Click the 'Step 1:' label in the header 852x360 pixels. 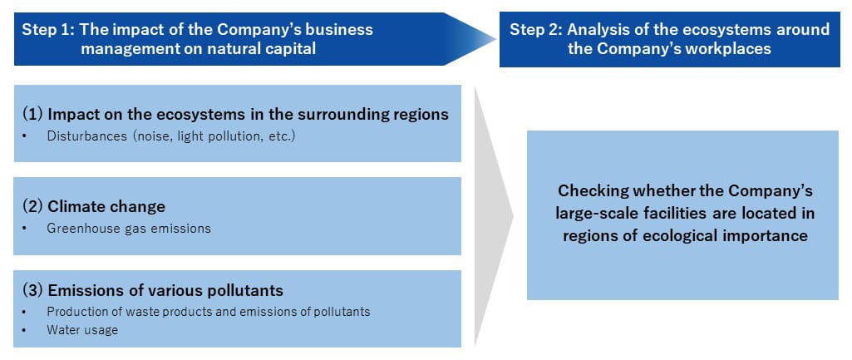pyautogui.click(x=47, y=30)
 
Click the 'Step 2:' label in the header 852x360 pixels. pyautogui.click(x=535, y=30)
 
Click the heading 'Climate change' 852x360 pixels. pyautogui.click(x=106, y=206)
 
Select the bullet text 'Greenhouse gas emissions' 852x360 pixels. pyautogui.click(x=129, y=228)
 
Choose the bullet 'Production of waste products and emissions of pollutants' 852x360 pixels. pyautogui.click(x=209, y=312)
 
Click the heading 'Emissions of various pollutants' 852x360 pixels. pyautogui.click(x=165, y=290)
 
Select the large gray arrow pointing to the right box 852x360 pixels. pyautogui.click(x=494, y=216)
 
